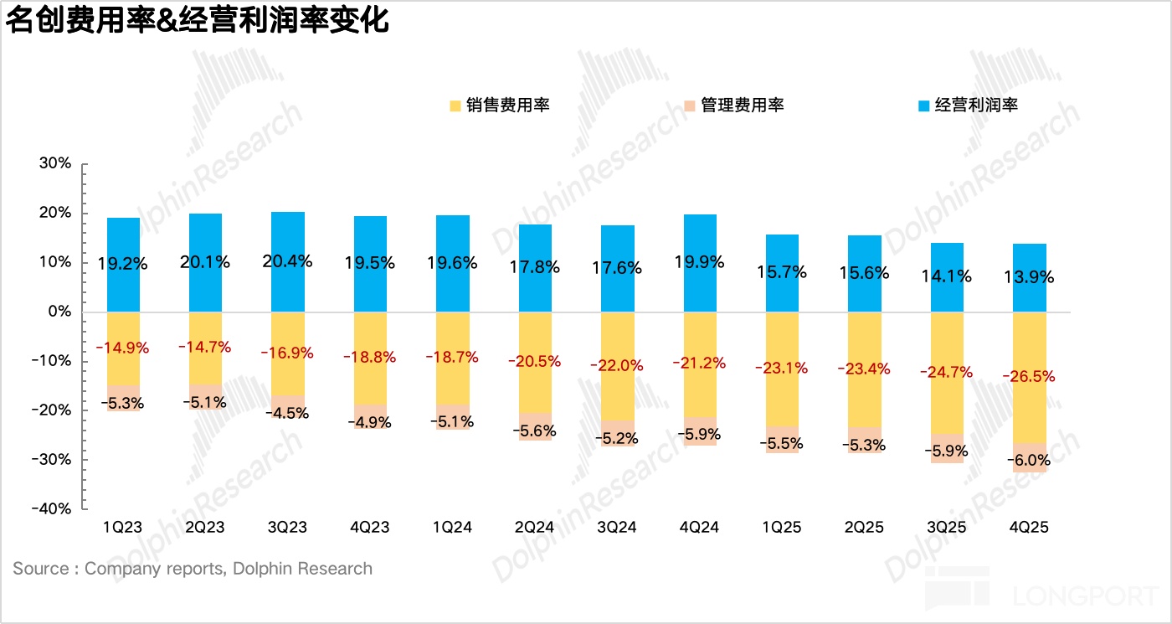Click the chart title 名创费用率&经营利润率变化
(198, 20)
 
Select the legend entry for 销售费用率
(499, 106)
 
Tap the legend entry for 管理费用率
(733, 106)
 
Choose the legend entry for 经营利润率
(968, 106)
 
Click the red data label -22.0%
(617, 365)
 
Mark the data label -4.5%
(288, 413)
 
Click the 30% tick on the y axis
(55, 163)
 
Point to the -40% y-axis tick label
(52, 508)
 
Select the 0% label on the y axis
(59, 312)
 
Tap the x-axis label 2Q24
(535, 528)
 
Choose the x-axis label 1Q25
(782, 528)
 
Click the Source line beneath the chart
(193, 569)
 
